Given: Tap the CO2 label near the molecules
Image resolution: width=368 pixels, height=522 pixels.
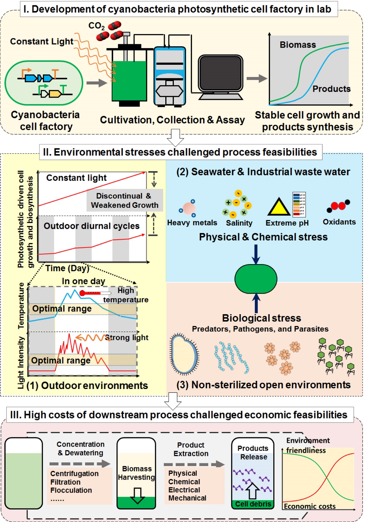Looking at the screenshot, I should (96, 26).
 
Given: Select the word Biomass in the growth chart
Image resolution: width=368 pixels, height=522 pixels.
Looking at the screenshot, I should (298, 45).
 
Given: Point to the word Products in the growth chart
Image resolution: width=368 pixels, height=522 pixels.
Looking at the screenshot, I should (331, 89).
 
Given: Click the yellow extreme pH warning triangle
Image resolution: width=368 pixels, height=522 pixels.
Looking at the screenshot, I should (279, 207).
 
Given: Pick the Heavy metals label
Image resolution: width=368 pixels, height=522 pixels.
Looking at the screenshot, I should (192, 223).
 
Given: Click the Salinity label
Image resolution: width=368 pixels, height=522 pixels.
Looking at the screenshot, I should (239, 223).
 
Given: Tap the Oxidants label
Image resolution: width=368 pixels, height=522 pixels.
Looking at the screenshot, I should (339, 222).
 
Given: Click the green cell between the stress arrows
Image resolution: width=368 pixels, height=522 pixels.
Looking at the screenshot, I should (256, 279).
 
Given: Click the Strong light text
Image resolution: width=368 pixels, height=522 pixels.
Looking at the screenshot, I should (126, 337).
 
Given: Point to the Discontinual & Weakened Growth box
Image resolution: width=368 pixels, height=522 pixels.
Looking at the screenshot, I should (124, 200).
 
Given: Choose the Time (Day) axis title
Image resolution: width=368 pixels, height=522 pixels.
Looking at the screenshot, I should (67, 268).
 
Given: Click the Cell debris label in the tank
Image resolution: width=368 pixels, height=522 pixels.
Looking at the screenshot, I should (253, 504).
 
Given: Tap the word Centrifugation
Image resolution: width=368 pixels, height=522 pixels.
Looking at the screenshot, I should (75, 474).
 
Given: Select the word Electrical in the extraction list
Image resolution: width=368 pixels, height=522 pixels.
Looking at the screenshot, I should (184, 490).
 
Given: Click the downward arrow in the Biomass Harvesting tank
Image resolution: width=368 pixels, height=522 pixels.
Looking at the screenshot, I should (137, 495).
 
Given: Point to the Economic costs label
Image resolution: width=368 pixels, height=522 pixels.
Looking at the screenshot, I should (310, 506).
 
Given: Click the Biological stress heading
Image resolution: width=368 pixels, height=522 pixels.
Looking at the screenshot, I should (262, 318).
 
